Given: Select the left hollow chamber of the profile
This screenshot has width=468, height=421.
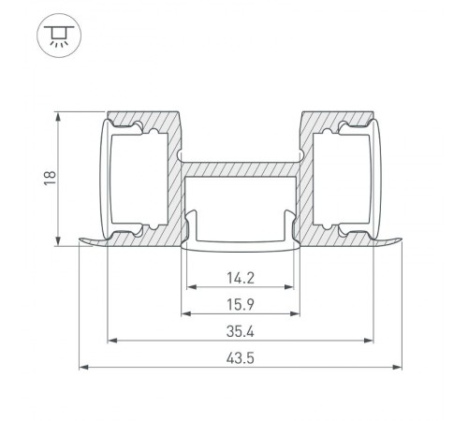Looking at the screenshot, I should [x=139, y=178].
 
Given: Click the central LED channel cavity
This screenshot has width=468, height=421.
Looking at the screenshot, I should [x=241, y=206].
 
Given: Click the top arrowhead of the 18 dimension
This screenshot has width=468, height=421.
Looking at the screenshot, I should [x=59, y=117].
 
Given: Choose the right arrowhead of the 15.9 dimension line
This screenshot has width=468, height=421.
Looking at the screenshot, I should [x=300, y=312].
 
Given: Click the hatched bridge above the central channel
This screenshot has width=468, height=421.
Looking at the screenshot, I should [x=241, y=167].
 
